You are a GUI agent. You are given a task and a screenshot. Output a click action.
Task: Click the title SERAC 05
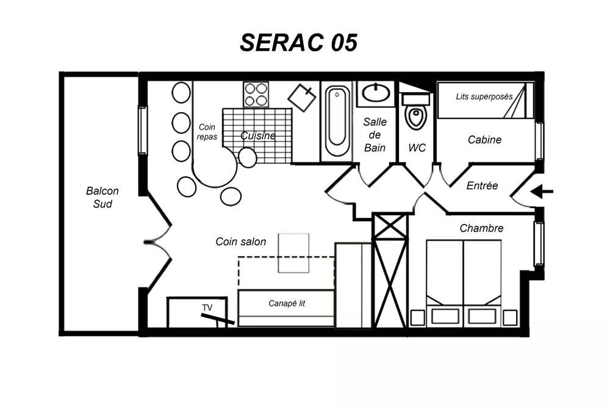pyautogui.click(x=298, y=43)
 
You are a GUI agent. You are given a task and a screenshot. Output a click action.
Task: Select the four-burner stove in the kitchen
pyautogui.click(x=256, y=95)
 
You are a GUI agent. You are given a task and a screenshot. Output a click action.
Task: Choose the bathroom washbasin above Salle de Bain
pyautogui.click(x=376, y=94)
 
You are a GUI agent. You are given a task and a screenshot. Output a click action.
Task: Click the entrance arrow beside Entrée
pyautogui.click(x=542, y=192)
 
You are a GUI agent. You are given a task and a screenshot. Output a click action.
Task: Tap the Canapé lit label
pyautogui.click(x=287, y=303)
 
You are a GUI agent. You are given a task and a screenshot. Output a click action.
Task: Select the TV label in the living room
pyautogui.click(x=208, y=308)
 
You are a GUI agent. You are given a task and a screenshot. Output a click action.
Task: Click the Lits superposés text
pyautogui.click(x=484, y=96)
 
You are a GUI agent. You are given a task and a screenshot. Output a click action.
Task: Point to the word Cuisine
pyautogui.click(x=257, y=135)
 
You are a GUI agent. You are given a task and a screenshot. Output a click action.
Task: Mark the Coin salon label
pyautogui.click(x=241, y=242)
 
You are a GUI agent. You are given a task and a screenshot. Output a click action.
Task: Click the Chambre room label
pyautogui.click(x=481, y=228)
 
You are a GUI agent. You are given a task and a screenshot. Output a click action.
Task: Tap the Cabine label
pyautogui.click(x=484, y=140)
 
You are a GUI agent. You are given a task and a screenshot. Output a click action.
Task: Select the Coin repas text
pyautogui.click(x=207, y=132)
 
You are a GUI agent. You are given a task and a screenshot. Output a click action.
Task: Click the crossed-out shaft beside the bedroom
pyautogui.click(x=390, y=272)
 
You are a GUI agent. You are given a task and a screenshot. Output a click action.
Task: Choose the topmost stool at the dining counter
pyautogui.click(x=181, y=93)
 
